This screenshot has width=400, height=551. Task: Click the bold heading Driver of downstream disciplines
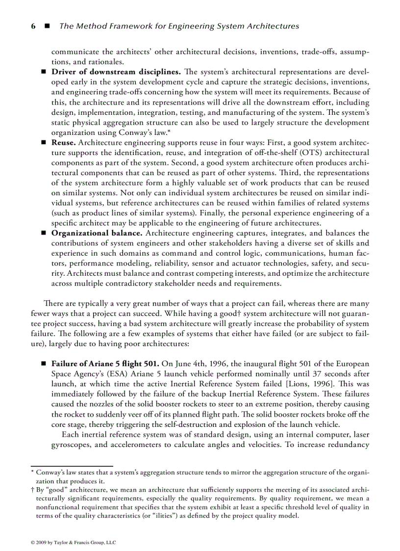tap(117, 72)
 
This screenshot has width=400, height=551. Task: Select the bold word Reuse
tap(64, 142)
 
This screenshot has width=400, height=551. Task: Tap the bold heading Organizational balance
tap(98, 233)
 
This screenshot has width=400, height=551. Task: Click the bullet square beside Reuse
tap(43, 142)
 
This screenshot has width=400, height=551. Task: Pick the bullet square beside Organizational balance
tap(43, 233)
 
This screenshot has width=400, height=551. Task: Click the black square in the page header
tap(48, 26)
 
